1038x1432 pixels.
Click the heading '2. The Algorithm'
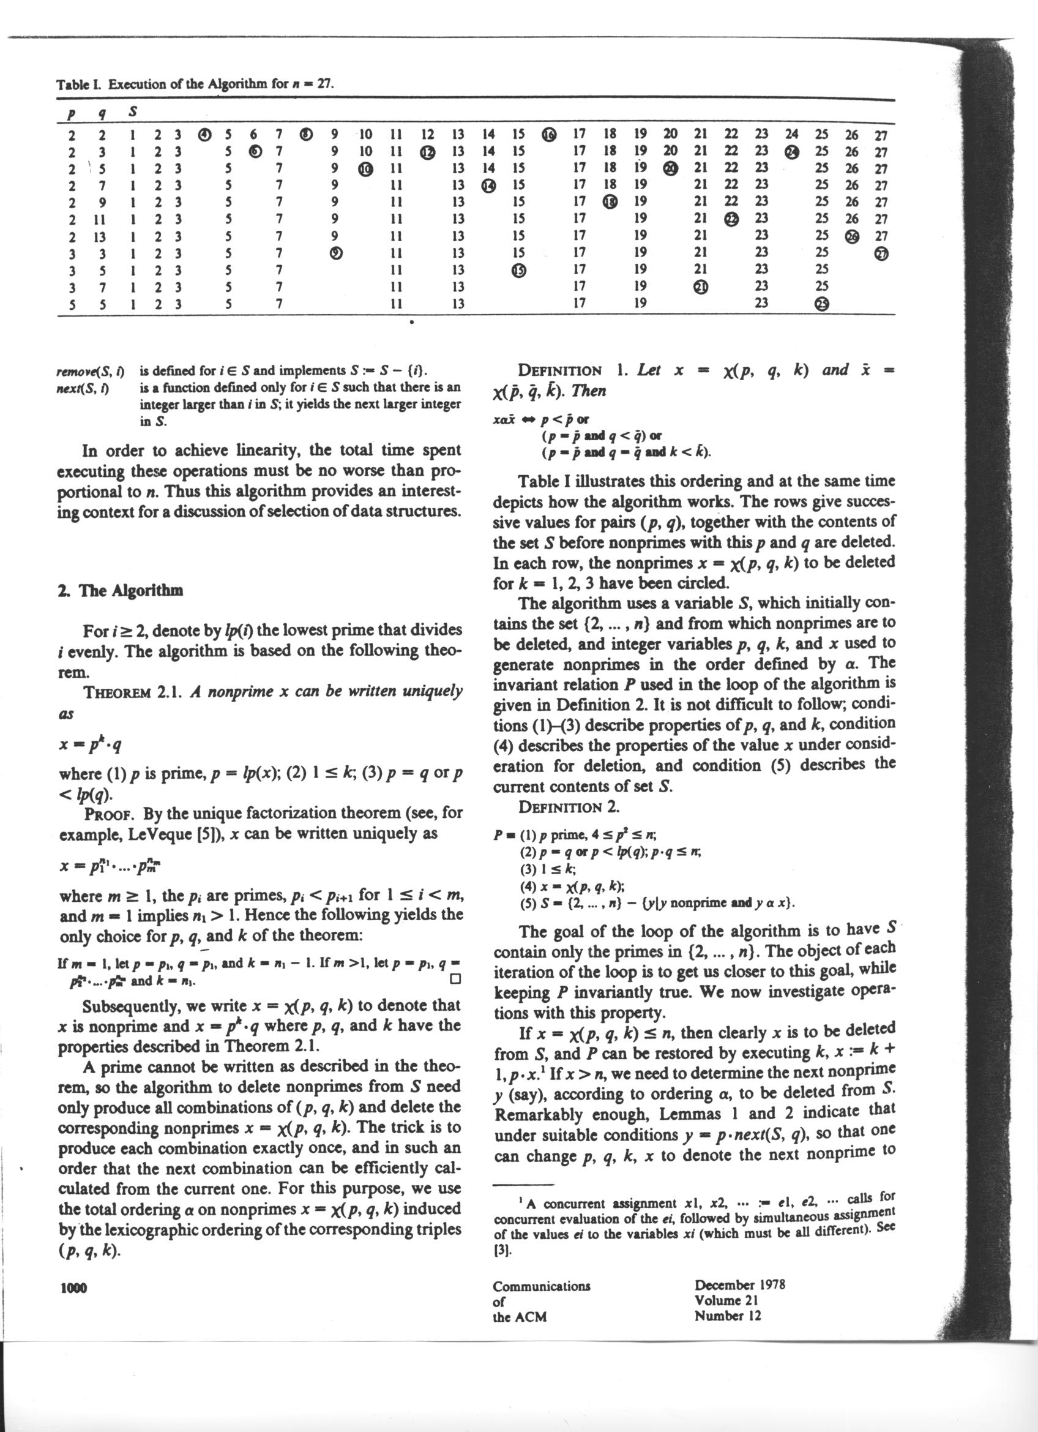click(x=120, y=591)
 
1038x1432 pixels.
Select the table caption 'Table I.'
click(x=80, y=84)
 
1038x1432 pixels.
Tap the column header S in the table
click(x=133, y=113)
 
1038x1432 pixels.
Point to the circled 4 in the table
click(x=204, y=135)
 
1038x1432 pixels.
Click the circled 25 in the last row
click(x=821, y=304)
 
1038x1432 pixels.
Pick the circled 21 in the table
click(x=700, y=287)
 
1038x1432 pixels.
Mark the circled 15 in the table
click(x=518, y=270)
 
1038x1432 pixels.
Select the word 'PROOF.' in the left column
click(x=110, y=813)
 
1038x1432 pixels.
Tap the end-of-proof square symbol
click(x=455, y=981)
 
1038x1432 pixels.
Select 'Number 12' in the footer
click(x=727, y=1316)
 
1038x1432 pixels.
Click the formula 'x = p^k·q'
click(x=90, y=746)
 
